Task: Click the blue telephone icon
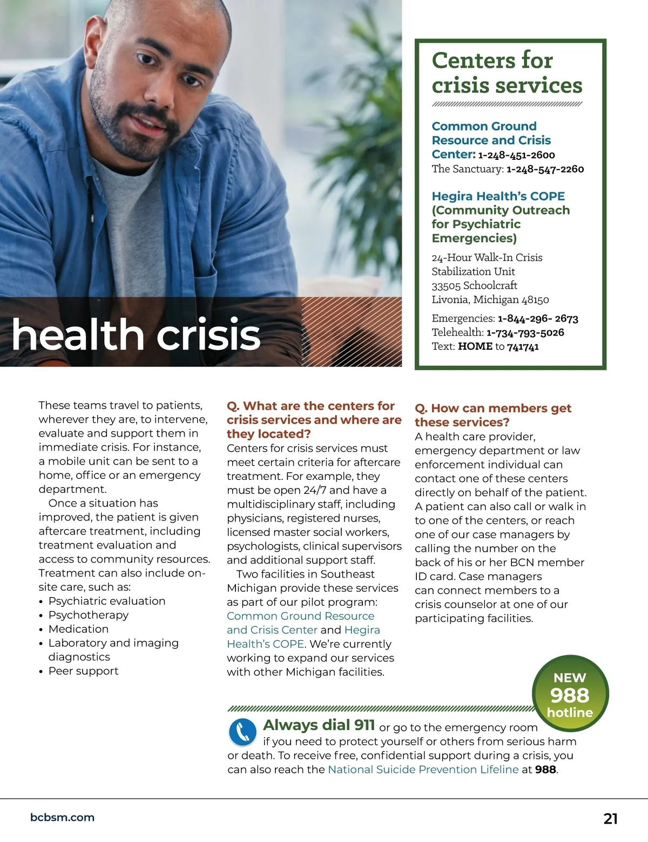pos(242,732)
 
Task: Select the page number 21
pos(610,819)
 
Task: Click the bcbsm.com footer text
pos(62,818)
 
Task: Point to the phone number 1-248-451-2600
pos(516,155)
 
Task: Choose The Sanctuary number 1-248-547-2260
pos(545,169)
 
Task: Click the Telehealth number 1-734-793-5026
pos(525,332)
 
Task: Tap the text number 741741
pos(523,346)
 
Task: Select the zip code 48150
pos(535,299)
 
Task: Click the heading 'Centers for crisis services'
pos(507,72)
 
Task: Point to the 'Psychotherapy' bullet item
pos(89,615)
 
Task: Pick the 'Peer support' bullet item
pos(83,671)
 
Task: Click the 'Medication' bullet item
pos(78,629)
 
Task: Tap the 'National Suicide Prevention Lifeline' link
pos(423,770)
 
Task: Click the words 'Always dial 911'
pos(319,725)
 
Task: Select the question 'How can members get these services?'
pos(492,415)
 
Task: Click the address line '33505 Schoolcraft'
pos(474,285)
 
